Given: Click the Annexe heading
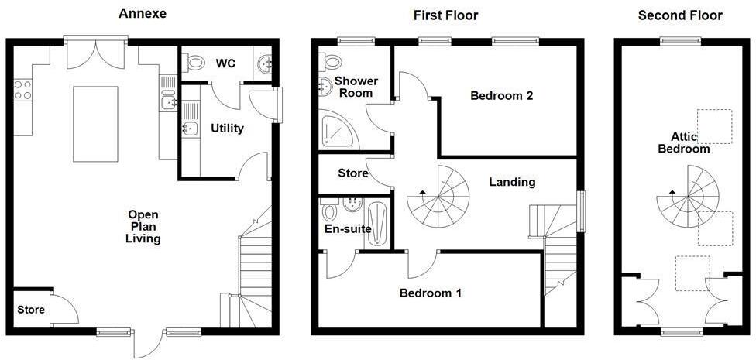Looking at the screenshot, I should tap(142, 14).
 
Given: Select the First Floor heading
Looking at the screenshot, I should tap(445, 15).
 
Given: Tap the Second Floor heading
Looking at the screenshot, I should tap(680, 15).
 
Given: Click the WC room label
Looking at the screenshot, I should tap(225, 63).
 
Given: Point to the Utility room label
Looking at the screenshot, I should tap(227, 128).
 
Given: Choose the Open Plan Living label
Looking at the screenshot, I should tap(143, 227).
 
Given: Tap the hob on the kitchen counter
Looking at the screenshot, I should tap(22, 90).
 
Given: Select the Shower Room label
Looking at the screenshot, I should tap(356, 87).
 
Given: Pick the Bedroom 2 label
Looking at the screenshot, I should tap(502, 96).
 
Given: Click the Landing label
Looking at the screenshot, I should tap(512, 182).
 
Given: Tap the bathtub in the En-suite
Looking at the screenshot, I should tap(377, 225).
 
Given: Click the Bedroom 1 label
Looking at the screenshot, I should tap(431, 293).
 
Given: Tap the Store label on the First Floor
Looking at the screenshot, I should tap(353, 173).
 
